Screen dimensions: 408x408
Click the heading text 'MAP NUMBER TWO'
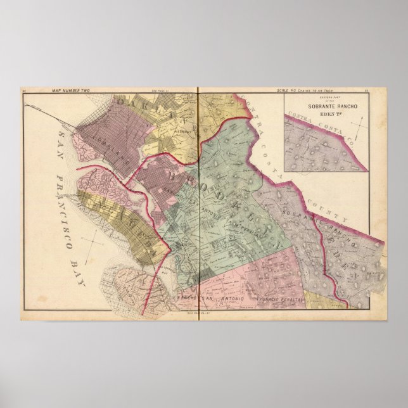70,92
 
